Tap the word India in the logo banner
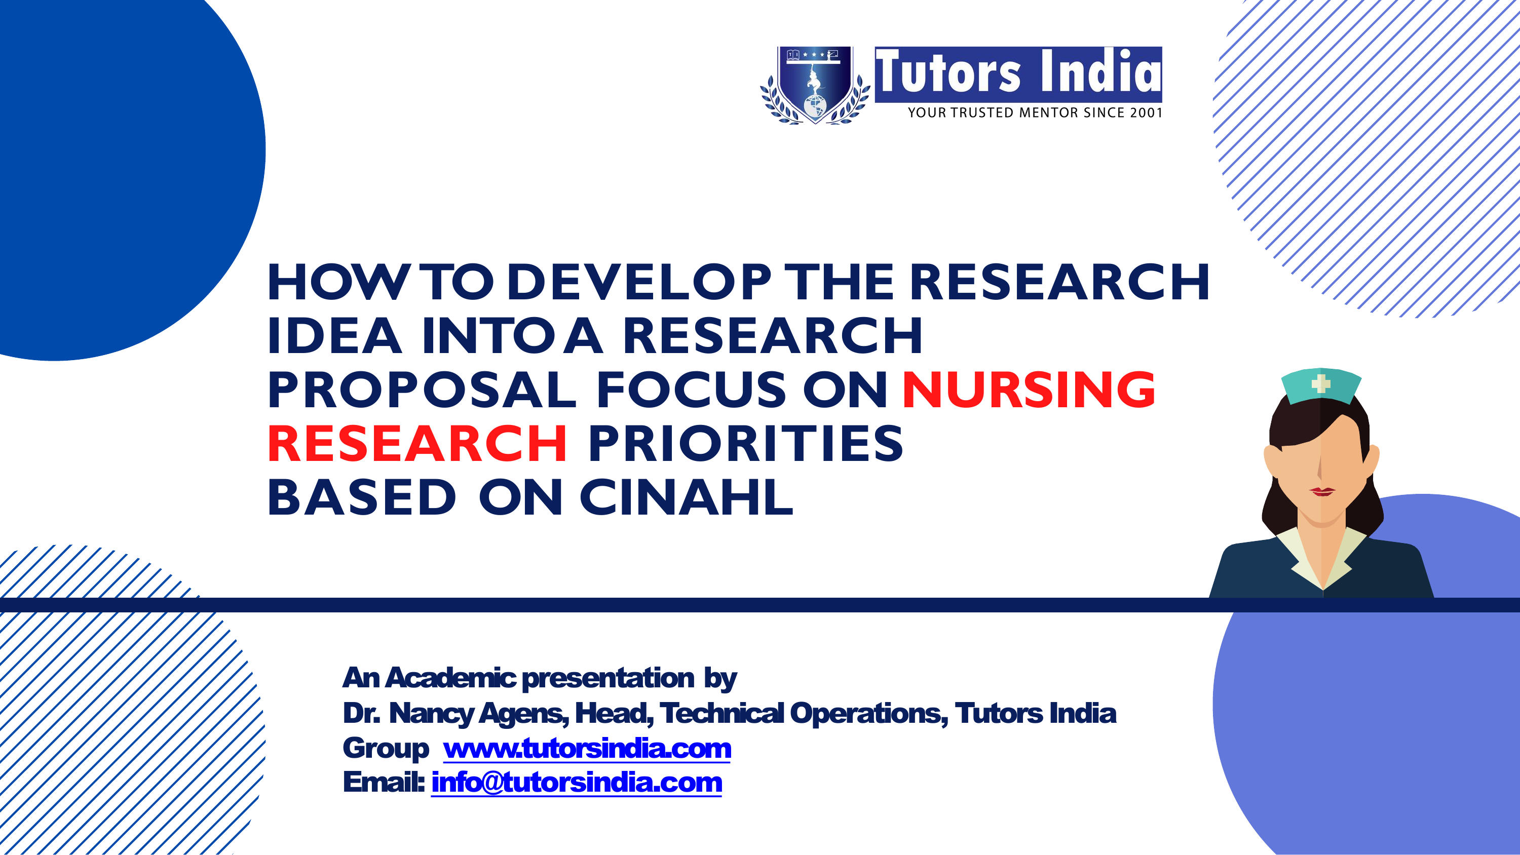coord(1101,72)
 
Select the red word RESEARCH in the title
coord(417,444)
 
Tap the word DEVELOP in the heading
coord(639,282)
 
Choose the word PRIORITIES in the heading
coord(746,444)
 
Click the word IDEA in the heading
coord(334,336)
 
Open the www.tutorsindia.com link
coord(587,748)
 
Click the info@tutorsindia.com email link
coord(577,783)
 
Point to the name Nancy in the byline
coord(431,713)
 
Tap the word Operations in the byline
coord(868,713)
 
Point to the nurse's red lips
coord(1322,491)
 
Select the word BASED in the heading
coord(362,497)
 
